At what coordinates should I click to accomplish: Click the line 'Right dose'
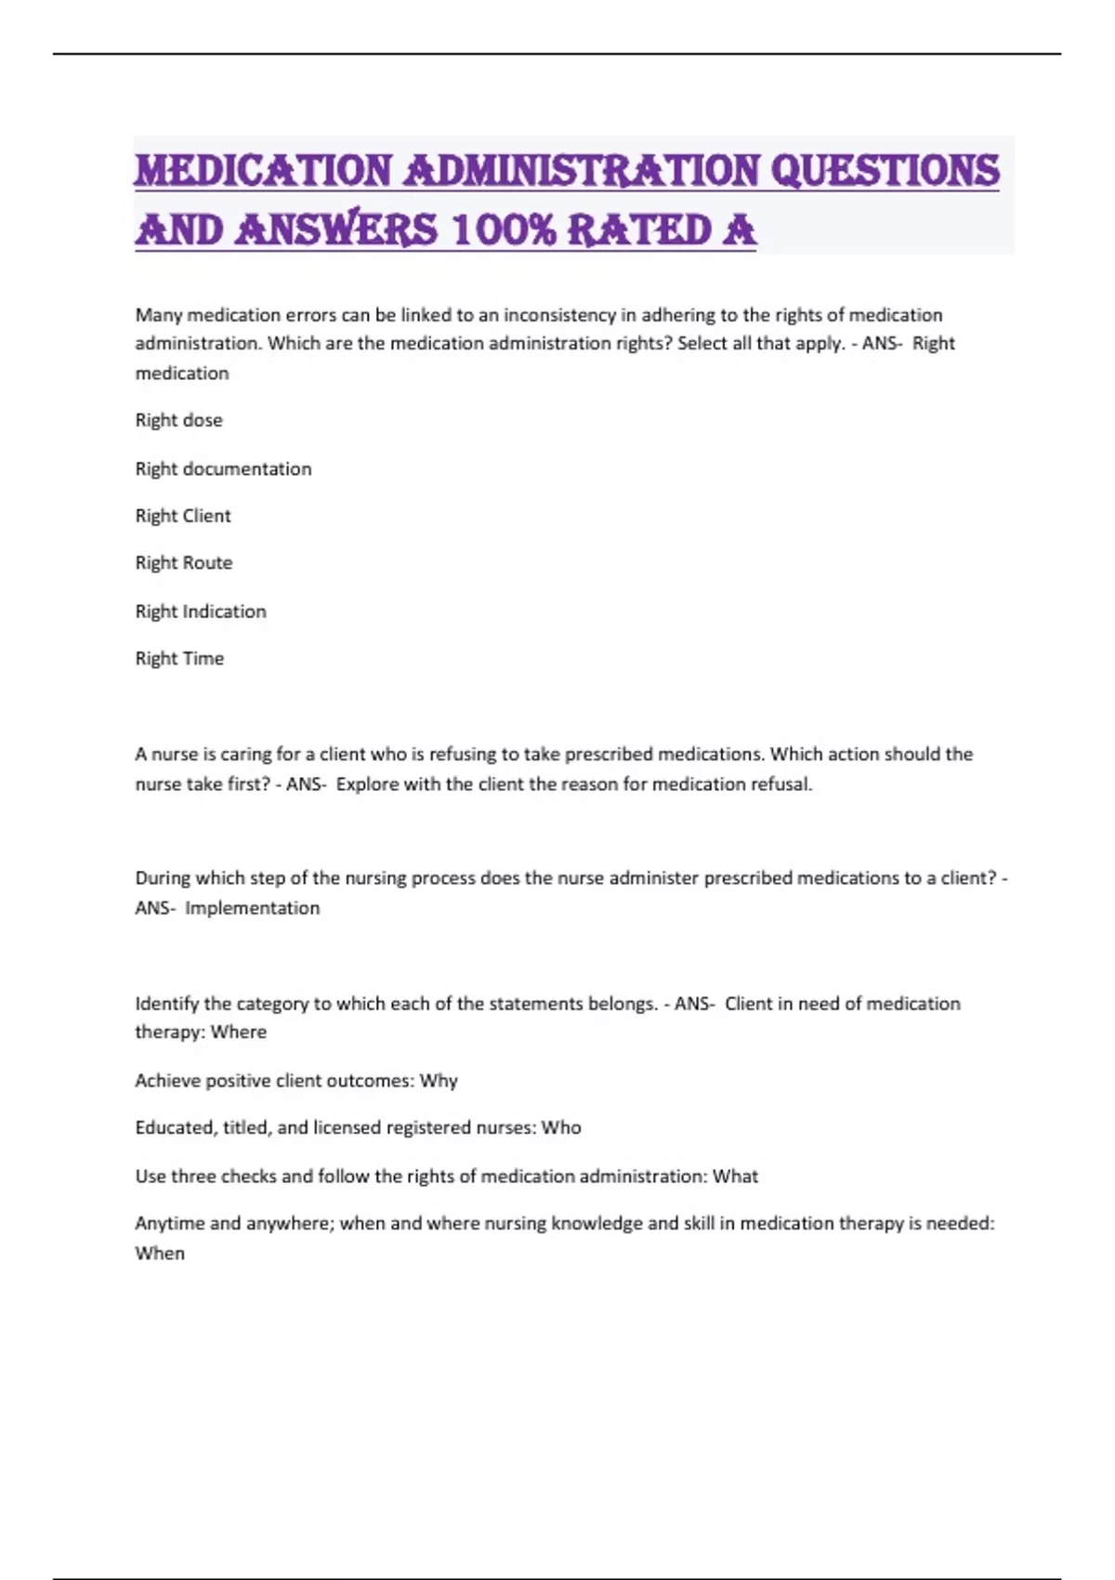[x=179, y=420]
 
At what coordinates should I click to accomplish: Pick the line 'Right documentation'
[x=223, y=468]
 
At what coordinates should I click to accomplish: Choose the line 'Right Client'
[x=183, y=516]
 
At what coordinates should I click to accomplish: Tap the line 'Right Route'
[x=184, y=563]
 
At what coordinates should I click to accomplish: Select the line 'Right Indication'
[x=201, y=612]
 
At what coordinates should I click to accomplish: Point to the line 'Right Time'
[x=179, y=659]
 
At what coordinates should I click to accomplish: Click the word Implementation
[x=252, y=908]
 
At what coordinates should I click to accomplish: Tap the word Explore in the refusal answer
[x=367, y=784]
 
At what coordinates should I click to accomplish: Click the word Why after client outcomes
[x=439, y=1081]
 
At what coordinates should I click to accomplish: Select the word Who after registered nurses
[x=561, y=1127]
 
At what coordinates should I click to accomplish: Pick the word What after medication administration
[x=735, y=1177]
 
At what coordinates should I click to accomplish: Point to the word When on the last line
[x=160, y=1253]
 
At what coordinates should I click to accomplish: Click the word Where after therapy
[x=239, y=1032]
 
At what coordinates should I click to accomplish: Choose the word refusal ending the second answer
[x=780, y=784]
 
